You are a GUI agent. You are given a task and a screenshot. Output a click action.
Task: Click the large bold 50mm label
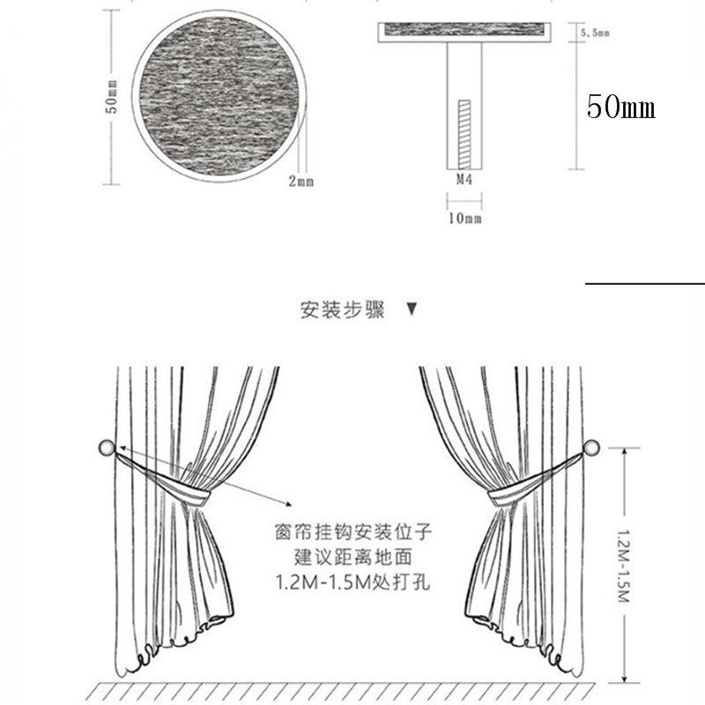coord(621,107)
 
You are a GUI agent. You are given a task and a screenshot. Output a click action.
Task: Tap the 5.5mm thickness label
coord(595,33)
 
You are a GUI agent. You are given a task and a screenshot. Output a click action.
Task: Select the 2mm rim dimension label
coord(301,182)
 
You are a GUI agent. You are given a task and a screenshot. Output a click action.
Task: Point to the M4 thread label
coord(464,180)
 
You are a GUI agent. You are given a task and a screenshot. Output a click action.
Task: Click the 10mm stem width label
coord(465,218)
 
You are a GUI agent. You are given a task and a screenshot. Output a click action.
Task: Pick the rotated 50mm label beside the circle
coord(112,97)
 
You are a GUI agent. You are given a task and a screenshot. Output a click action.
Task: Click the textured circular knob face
coord(219,96)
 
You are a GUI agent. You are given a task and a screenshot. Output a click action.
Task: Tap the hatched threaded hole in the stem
coord(464,135)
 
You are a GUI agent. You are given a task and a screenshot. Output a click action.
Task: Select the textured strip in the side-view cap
coord(464,29)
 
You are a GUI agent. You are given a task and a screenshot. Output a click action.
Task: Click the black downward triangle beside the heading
coord(412,309)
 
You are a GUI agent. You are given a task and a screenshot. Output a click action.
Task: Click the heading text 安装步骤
coord(343,310)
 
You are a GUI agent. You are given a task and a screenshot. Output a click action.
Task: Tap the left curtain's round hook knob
coord(107,448)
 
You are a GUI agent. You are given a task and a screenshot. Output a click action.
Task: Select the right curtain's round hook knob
coord(591,448)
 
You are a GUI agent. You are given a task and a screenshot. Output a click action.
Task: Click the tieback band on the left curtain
coord(164,479)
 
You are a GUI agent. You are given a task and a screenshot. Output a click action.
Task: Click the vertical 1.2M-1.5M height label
coord(624,567)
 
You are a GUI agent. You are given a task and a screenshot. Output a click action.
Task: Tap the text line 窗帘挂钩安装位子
coord(353,532)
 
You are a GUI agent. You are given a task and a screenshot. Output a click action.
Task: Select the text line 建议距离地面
coord(353,558)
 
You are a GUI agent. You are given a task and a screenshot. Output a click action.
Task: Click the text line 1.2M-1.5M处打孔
coord(353,583)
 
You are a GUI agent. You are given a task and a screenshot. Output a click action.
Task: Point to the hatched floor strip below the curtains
coord(340,694)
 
